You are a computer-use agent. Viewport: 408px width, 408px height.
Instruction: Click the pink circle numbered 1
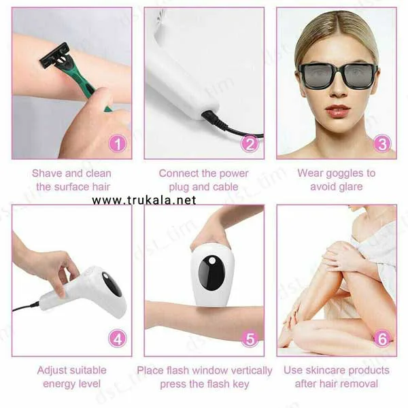118,143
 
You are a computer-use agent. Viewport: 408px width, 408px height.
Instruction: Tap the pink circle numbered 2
250,143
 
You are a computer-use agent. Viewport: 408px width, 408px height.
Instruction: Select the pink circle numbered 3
382,143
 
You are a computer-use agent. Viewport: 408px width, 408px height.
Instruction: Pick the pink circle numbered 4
118,339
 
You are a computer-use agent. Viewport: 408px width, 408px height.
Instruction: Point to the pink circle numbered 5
250,339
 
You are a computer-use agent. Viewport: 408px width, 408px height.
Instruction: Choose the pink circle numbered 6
382,339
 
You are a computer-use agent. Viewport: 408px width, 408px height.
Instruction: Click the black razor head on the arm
54,56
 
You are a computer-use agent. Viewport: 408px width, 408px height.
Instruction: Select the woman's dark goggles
338,75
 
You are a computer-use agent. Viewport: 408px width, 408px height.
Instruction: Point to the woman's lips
338,110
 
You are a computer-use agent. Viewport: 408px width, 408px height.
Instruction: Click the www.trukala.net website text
144,200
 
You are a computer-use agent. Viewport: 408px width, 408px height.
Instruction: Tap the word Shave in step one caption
47,173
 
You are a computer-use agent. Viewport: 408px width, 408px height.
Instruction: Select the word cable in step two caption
225,187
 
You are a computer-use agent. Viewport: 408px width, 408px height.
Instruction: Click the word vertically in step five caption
248,371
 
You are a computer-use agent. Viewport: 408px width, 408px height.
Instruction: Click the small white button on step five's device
212,260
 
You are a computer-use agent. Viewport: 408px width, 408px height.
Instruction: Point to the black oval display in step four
112,284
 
